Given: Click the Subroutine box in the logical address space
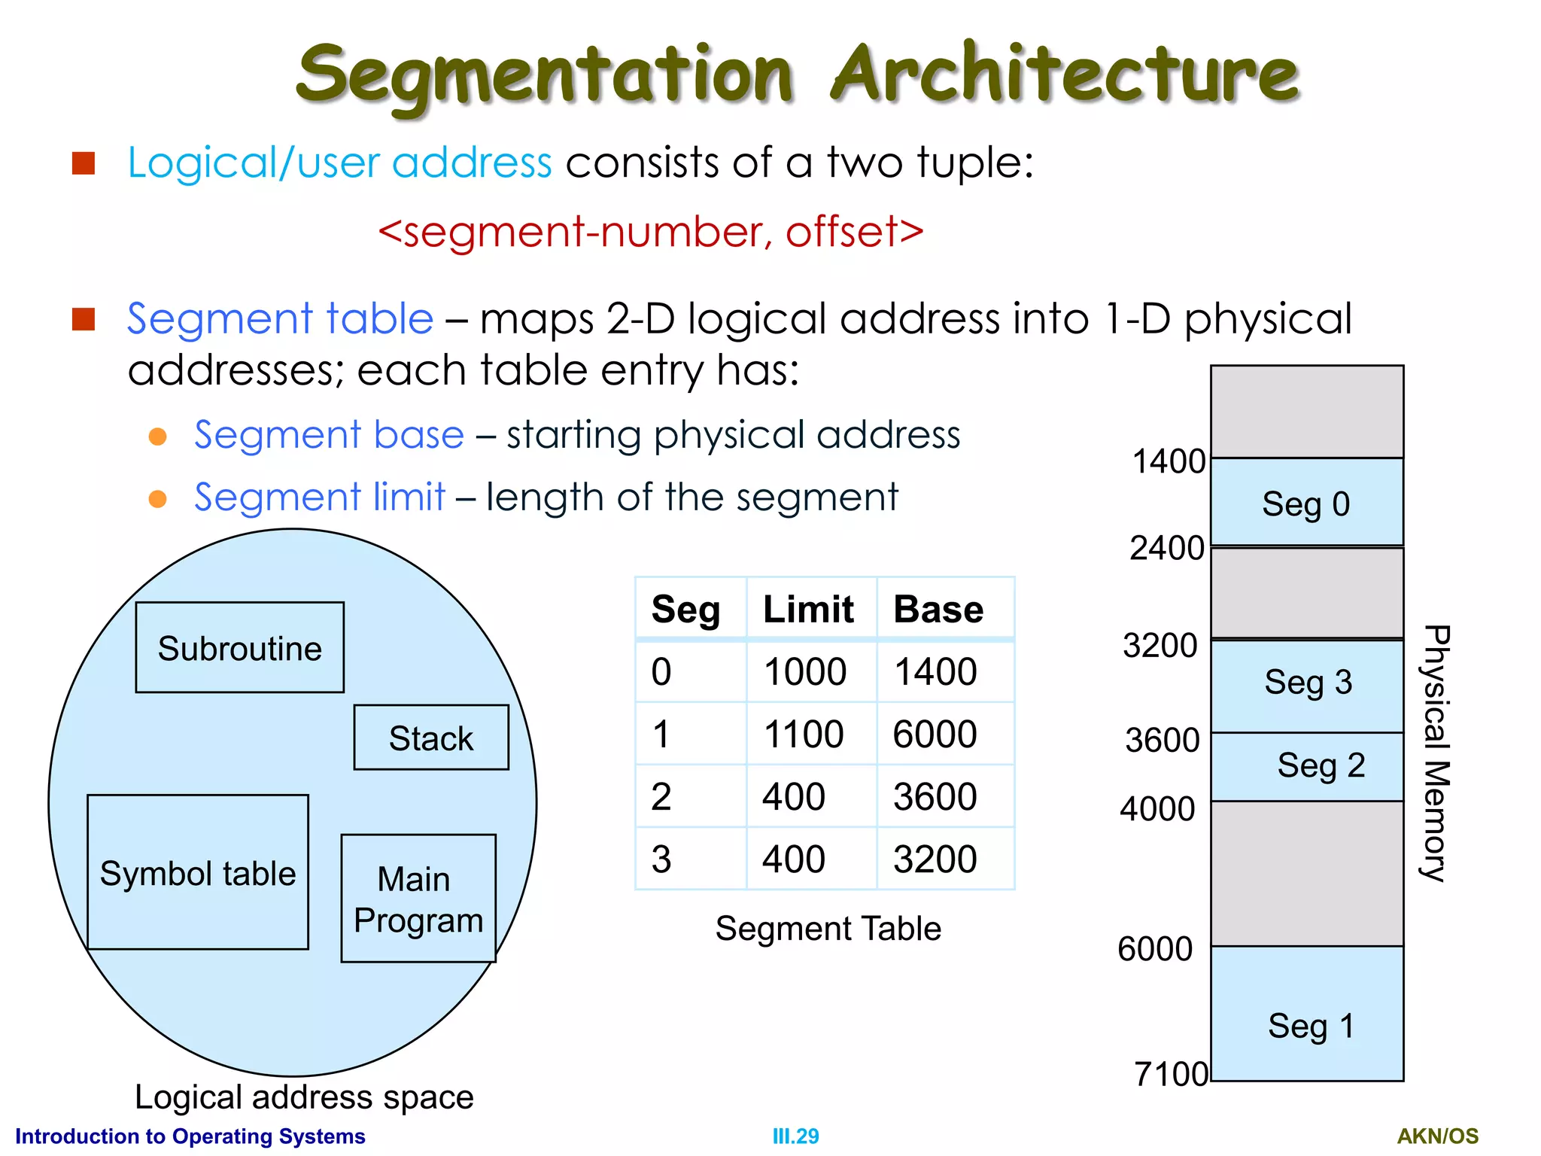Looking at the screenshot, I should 239,647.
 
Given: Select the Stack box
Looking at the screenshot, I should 431,738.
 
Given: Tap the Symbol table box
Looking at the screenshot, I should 198,872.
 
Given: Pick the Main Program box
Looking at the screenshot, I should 418,899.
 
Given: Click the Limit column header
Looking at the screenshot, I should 808,609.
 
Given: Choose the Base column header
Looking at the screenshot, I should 938,609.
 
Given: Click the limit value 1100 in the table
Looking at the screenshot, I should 804,734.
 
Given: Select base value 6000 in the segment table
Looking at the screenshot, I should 935,734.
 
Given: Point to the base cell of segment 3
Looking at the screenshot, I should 935,859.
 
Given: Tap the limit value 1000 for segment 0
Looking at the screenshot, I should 804,671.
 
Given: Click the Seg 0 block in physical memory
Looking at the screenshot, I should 1306,503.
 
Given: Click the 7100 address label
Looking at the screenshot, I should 1171,1074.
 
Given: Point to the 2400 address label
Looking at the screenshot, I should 1167,548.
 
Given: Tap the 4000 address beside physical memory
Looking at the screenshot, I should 1157,809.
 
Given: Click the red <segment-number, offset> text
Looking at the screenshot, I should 651,232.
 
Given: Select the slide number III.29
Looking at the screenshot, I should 795,1136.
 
